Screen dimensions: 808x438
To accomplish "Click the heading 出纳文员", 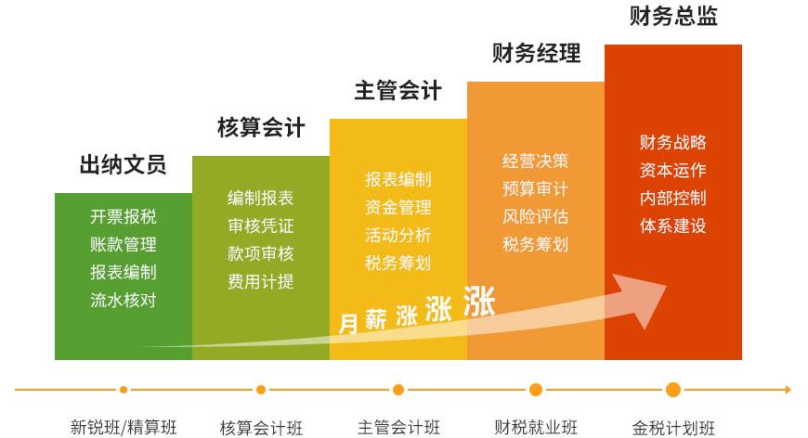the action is click(x=124, y=164).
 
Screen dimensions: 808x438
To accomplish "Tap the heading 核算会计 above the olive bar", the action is click(x=261, y=127).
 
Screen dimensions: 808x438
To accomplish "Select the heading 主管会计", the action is click(x=397, y=91).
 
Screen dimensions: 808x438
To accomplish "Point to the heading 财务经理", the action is click(x=536, y=53).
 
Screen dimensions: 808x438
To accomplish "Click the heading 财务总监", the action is click(x=673, y=16).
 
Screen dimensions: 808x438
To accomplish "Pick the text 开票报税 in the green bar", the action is click(x=124, y=217).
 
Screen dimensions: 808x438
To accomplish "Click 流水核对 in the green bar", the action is click(x=124, y=300).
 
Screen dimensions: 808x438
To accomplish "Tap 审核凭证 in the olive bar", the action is click(x=261, y=225).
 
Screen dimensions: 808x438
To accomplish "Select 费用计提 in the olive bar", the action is click(x=261, y=281).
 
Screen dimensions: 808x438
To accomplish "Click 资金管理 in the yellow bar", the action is click(x=397, y=208).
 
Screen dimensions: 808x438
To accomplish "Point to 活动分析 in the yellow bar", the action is click(x=397, y=235).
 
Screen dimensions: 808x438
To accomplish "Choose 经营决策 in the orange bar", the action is click(x=535, y=161).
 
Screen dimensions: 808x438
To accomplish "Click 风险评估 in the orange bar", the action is click(x=535, y=217).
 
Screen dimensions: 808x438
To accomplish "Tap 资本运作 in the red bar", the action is click(x=673, y=170).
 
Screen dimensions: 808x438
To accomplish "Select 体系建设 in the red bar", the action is click(x=673, y=225).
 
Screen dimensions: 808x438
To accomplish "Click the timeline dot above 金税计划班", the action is click(x=673, y=390).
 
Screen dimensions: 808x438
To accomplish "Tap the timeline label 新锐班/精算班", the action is click(x=124, y=427).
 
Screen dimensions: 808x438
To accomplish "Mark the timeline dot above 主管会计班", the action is click(x=397, y=390).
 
